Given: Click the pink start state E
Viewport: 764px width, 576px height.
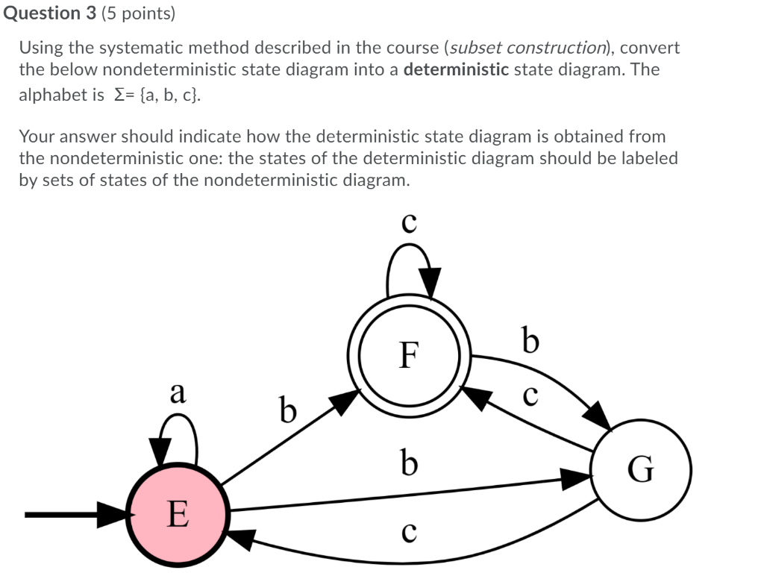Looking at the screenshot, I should [x=177, y=513].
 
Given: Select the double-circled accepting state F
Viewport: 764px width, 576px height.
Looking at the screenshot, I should [x=407, y=354].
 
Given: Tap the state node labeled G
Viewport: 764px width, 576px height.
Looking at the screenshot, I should [x=641, y=469].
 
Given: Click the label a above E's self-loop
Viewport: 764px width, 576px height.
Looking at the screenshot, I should [x=178, y=392].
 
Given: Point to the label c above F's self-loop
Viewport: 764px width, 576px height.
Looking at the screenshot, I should [x=409, y=223].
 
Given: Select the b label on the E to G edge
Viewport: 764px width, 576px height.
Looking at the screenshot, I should [x=408, y=462].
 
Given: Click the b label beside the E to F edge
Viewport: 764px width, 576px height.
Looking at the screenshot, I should [x=287, y=410].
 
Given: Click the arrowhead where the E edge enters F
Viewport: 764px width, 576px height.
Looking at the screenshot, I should [x=345, y=402].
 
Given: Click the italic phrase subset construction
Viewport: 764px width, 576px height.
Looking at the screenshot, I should [x=529, y=48].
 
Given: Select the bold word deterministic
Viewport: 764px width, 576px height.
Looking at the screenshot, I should [x=456, y=71].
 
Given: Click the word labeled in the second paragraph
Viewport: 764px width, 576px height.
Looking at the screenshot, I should [x=648, y=158].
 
